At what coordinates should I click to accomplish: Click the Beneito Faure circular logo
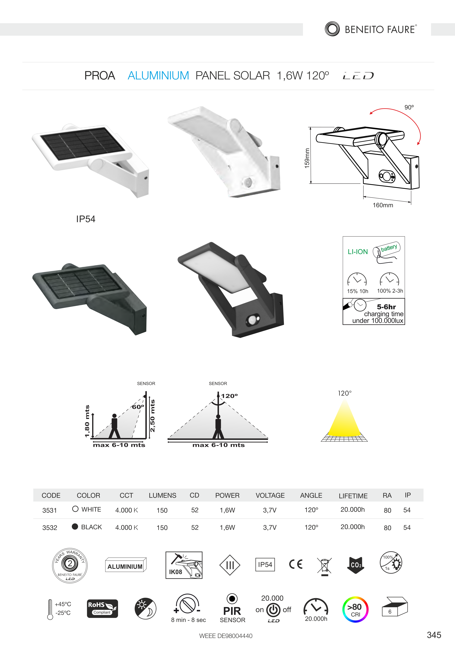click(332, 29)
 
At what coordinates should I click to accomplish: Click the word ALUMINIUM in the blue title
click(158, 76)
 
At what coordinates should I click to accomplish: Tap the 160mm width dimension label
click(383, 205)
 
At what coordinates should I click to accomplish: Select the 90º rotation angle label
click(409, 107)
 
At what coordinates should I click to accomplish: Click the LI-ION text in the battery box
click(358, 252)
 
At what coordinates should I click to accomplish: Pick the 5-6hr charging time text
click(386, 307)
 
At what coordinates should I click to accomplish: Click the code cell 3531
click(50, 510)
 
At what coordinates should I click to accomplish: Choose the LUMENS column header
click(162, 495)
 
